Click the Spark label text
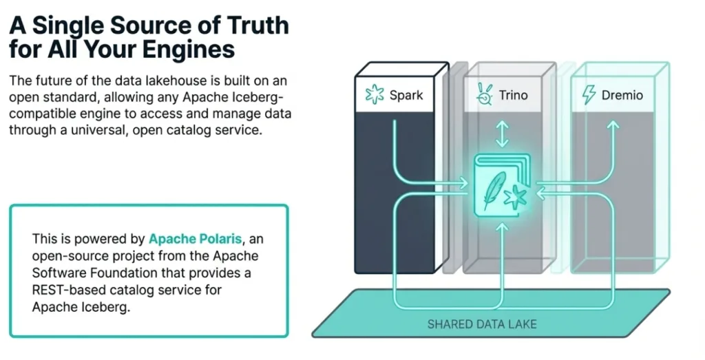pyautogui.click(x=406, y=95)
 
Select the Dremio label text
pyautogui.click(x=622, y=95)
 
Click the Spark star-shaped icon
pyautogui.click(x=375, y=95)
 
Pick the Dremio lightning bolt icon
pyautogui.click(x=589, y=95)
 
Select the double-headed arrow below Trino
pyautogui.click(x=502, y=134)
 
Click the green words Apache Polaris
pyautogui.click(x=196, y=239)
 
